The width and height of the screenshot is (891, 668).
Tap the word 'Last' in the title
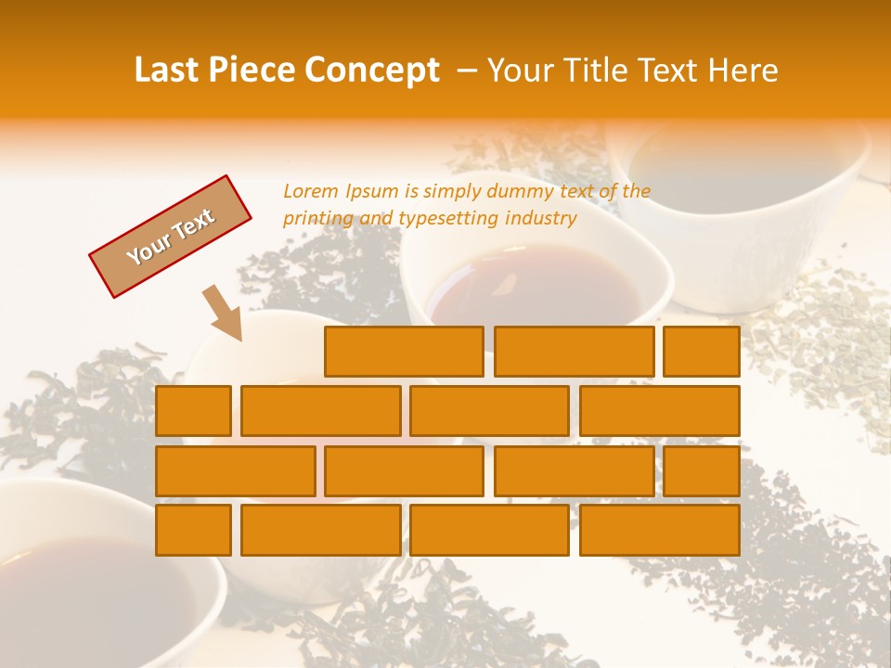pyautogui.click(x=168, y=71)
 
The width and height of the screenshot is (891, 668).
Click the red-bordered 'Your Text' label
pyautogui.click(x=170, y=237)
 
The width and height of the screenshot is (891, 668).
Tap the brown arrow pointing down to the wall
pyautogui.click(x=223, y=313)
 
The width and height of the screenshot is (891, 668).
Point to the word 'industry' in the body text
pyautogui.click(x=541, y=219)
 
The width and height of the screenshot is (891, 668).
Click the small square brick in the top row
pyautogui.click(x=702, y=352)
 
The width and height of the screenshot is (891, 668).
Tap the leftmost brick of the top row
pyautogui.click(x=404, y=352)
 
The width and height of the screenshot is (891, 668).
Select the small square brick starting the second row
pyautogui.click(x=193, y=411)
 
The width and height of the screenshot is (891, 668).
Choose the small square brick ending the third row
pyautogui.click(x=702, y=471)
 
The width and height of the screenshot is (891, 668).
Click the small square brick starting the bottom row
pyautogui.click(x=193, y=530)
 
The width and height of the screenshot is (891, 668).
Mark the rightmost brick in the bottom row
pyautogui.click(x=660, y=530)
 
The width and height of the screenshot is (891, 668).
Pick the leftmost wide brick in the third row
pyautogui.click(x=235, y=471)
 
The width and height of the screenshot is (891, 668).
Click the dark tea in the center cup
pyautogui.click(x=534, y=288)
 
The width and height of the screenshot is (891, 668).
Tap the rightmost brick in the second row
pyautogui.click(x=660, y=411)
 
